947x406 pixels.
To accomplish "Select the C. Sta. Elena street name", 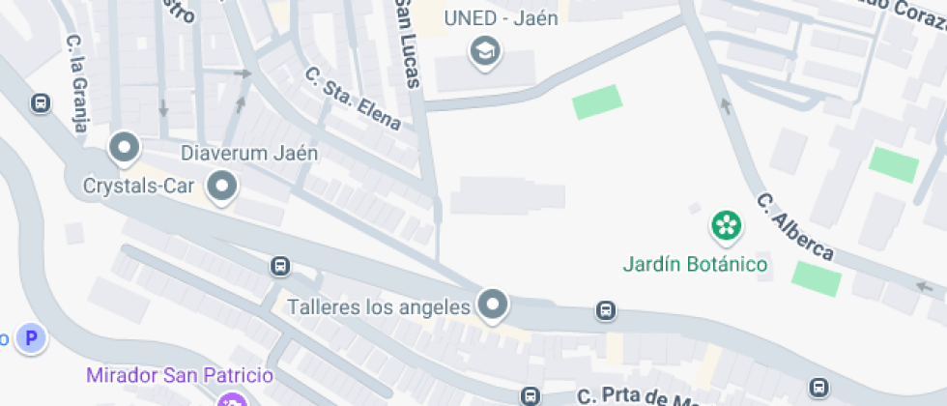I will point(352,99).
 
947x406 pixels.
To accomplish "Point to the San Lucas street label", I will point(408,43).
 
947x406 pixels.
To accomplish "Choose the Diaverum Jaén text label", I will point(249,153).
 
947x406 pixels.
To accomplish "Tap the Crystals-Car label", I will point(139,185).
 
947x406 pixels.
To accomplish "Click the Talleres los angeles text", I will point(379,307).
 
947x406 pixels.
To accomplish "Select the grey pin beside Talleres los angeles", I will point(494,305).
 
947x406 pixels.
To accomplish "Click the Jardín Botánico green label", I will point(696,264).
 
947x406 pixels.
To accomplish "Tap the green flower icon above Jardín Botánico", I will point(725,226).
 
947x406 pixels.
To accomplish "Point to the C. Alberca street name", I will point(794,228).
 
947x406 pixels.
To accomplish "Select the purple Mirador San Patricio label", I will point(180,375).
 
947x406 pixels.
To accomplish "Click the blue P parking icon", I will point(33,338).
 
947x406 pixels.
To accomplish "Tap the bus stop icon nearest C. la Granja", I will point(41,102).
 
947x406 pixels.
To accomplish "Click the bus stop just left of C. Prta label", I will point(531,395).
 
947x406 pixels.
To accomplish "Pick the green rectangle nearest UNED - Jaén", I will point(597,101).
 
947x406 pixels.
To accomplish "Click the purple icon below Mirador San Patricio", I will point(232,400).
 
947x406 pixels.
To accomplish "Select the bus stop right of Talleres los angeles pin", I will point(606,310).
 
